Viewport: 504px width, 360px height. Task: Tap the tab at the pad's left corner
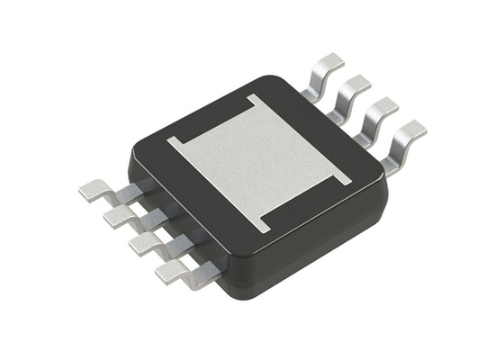click(x=175, y=143)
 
